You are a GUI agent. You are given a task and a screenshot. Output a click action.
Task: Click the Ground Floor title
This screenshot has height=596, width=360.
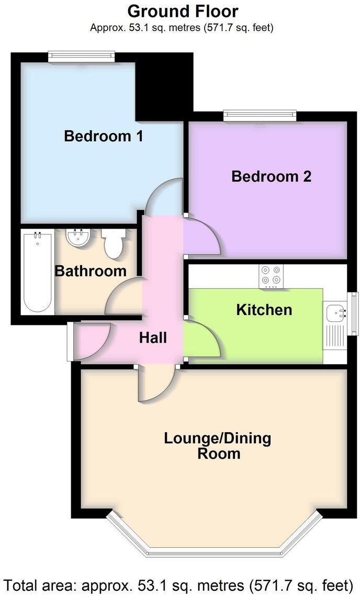[x=183, y=11]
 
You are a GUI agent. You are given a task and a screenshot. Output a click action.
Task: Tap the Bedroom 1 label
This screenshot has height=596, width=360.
[x=104, y=137]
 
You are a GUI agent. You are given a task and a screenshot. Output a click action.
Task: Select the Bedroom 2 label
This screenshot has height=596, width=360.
[x=271, y=176]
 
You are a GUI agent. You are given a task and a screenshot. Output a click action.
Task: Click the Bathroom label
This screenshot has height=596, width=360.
[x=91, y=271]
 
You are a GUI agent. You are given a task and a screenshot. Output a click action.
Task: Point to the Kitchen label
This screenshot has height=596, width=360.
[x=264, y=310]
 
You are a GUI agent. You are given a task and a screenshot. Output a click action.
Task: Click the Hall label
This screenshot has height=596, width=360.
[x=153, y=338]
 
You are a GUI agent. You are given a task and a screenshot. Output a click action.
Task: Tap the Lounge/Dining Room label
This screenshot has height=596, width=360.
[x=218, y=445]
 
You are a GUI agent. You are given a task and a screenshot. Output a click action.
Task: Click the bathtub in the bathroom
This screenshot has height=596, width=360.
[x=38, y=272]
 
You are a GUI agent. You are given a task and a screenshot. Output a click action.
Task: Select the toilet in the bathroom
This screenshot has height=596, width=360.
[x=113, y=243]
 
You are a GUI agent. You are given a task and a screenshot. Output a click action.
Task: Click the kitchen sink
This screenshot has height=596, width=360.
[x=334, y=313]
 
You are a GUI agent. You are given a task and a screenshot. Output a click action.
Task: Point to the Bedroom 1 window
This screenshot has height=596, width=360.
[x=81, y=55]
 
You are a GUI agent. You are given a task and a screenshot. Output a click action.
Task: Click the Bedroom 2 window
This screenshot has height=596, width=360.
[x=260, y=114]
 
